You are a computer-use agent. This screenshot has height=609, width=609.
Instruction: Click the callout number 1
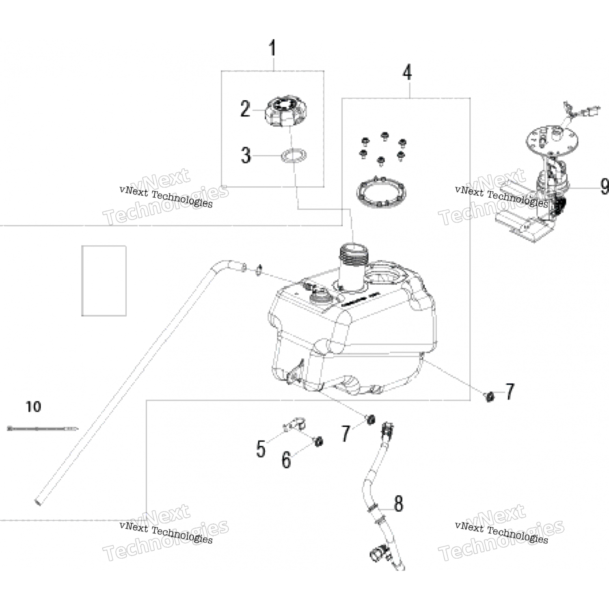[273, 48]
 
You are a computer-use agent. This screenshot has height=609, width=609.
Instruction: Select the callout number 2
[245, 109]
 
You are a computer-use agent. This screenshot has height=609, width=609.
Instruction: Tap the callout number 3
[246, 155]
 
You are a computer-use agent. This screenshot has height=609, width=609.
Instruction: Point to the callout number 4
[407, 72]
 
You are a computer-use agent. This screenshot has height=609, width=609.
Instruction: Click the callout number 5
[261, 449]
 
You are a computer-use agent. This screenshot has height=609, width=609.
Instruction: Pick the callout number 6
[286, 460]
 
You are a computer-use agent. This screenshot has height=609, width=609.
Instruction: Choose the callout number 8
[399, 503]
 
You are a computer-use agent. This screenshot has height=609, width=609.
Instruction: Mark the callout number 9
[604, 187]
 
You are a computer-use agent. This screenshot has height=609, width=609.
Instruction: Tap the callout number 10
[33, 406]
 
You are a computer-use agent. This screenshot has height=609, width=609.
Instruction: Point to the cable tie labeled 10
[43, 428]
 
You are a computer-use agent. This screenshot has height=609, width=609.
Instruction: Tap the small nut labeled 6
[319, 441]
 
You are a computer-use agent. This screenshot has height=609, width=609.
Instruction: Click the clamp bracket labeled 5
[294, 425]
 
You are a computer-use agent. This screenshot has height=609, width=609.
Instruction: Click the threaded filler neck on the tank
[354, 256]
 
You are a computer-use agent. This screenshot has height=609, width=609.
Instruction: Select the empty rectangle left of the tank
[104, 281]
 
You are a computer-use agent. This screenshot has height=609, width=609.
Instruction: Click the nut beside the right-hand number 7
[490, 396]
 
